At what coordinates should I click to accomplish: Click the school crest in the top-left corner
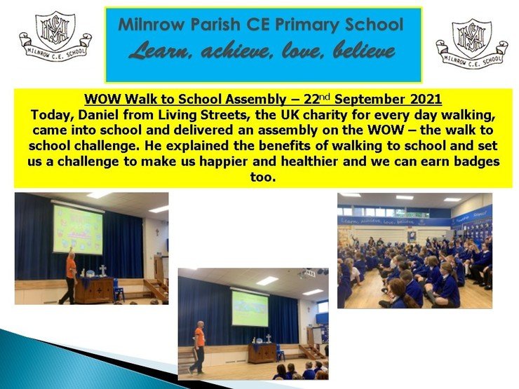(x=55, y=37)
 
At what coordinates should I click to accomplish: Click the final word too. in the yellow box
(x=263, y=177)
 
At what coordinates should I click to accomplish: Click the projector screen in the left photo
(x=78, y=230)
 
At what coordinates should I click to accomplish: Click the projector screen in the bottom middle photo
(x=250, y=308)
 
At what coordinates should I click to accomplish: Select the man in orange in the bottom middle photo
(x=198, y=348)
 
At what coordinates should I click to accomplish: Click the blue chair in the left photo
(x=118, y=289)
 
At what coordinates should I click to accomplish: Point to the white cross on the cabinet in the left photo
(x=103, y=270)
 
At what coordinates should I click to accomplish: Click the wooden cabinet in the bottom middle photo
(x=262, y=353)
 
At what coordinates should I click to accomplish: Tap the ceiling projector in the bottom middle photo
(x=306, y=273)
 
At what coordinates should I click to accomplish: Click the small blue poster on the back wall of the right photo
(x=412, y=236)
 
